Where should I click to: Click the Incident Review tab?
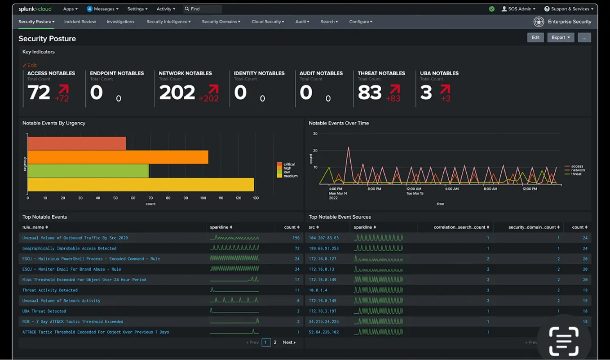pos(80,22)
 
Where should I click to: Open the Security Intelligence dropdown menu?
pos(168,22)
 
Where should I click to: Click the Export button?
pos(560,38)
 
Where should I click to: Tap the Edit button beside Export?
pos(535,38)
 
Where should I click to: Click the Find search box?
pos(203,9)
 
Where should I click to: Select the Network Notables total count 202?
pos(177,93)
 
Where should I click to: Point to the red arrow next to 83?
pos(395,89)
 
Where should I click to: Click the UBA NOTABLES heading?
pos(439,73)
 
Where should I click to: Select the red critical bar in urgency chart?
pos(76,143)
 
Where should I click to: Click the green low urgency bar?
pos(88,171)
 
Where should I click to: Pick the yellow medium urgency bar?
pos(141,185)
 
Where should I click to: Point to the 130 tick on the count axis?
pos(256,198)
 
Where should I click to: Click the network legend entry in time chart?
pos(578,170)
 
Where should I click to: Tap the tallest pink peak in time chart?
pos(348,148)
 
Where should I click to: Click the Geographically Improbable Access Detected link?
pos(69,248)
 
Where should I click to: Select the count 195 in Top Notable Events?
pos(296,238)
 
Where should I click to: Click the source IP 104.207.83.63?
pos(323,238)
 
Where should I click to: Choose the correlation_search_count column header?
pos(461,227)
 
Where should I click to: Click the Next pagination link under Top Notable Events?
pos(289,342)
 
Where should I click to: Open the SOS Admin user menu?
pos(518,9)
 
